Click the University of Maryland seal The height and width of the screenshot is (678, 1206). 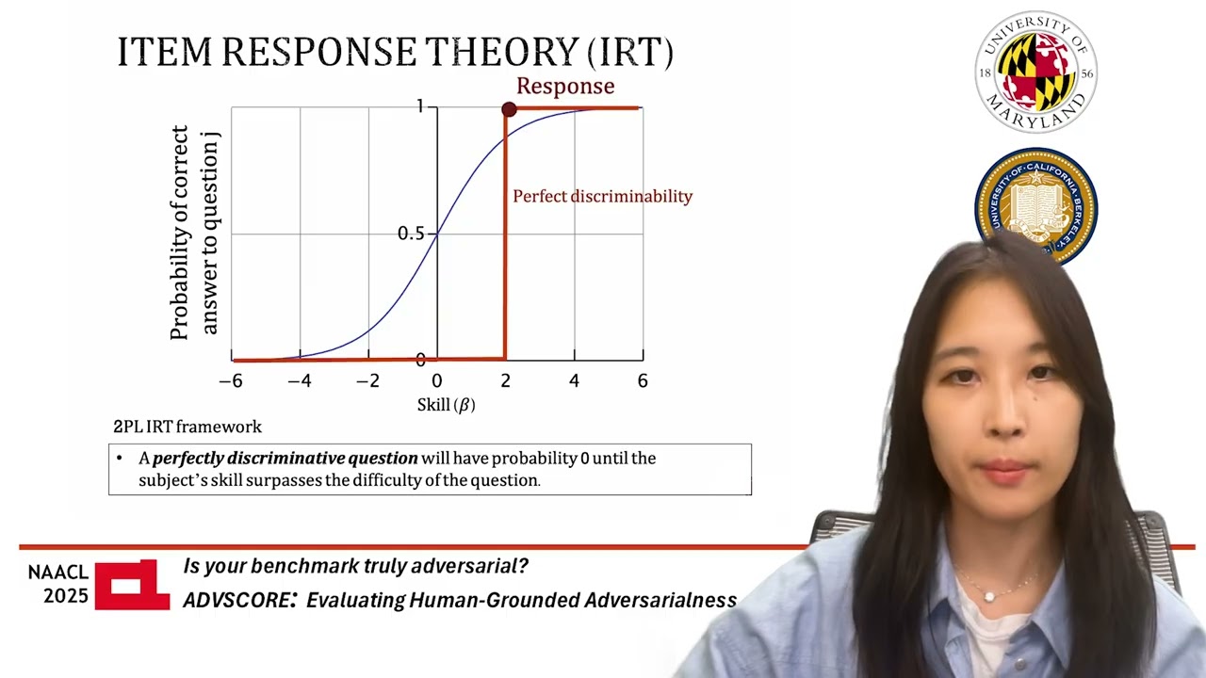point(1035,72)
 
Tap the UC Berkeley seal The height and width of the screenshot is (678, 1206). point(1035,202)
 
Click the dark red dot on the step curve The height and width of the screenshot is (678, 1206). point(509,110)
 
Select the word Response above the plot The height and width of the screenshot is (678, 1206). point(565,87)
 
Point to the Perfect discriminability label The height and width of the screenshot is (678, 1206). point(602,197)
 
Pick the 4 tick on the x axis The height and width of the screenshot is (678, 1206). point(574,381)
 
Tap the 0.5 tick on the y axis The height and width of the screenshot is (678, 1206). point(411,234)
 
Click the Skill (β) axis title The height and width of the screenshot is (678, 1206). point(446,406)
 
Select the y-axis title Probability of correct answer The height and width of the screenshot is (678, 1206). point(193,233)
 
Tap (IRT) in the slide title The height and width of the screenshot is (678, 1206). point(629,53)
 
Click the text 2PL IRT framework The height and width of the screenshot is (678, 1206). point(187,428)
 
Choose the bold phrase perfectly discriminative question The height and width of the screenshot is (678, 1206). point(285,459)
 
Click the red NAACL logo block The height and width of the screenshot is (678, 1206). point(132,585)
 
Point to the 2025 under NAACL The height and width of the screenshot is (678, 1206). point(66,596)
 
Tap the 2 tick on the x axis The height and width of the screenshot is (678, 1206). point(505,381)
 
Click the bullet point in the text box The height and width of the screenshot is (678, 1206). point(120,459)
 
